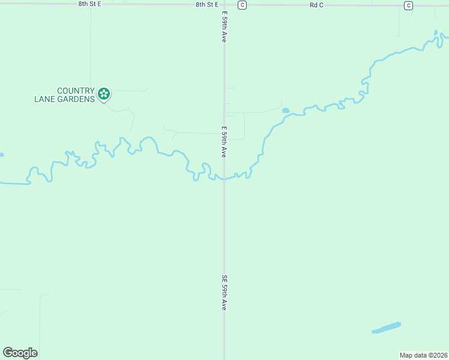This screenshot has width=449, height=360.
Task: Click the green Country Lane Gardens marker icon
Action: (104, 94)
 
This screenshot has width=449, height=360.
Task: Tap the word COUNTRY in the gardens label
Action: (76, 91)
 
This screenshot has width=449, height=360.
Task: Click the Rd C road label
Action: (316, 5)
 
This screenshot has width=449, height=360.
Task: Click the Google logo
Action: (20, 353)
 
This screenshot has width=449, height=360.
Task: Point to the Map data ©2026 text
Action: (423, 355)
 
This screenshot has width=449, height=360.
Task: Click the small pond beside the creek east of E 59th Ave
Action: (285, 110)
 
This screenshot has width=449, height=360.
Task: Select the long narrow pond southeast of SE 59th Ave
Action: (386, 328)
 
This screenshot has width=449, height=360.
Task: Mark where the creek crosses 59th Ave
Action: (224, 178)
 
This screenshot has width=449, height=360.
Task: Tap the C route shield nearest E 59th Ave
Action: (241, 5)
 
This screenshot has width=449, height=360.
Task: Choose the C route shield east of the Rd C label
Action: (408, 5)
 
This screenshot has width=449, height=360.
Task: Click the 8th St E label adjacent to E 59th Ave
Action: (207, 4)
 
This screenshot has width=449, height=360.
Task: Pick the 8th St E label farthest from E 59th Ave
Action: (90, 4)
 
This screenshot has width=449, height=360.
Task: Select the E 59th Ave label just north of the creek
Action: (224, 142)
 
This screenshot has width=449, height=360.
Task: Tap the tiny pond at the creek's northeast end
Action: (436, 32)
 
